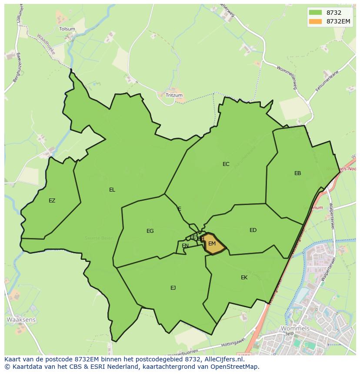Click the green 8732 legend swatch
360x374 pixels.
315,13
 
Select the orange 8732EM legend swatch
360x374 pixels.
315,21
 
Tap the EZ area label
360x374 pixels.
52,201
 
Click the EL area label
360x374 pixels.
112,190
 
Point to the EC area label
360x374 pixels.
226,164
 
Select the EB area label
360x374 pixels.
298,173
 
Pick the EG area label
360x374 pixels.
150,231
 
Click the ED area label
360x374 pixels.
253,230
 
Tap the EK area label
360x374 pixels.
244,277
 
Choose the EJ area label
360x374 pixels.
173,288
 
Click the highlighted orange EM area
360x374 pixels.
213,244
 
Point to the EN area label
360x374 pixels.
185,246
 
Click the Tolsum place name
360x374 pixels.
67,29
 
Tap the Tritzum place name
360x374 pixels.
174,95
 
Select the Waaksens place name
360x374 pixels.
21,320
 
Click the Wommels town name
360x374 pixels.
295,328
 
